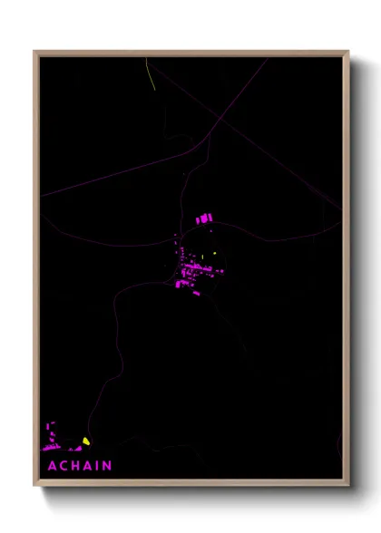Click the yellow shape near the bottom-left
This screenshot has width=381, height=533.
coord(86,441)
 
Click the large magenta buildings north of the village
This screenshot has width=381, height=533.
coord(202,218)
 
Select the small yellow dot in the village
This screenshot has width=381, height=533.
coord(215,253)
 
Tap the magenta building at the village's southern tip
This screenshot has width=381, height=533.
coord(196,293)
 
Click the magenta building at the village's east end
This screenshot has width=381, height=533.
coord(218,270)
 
